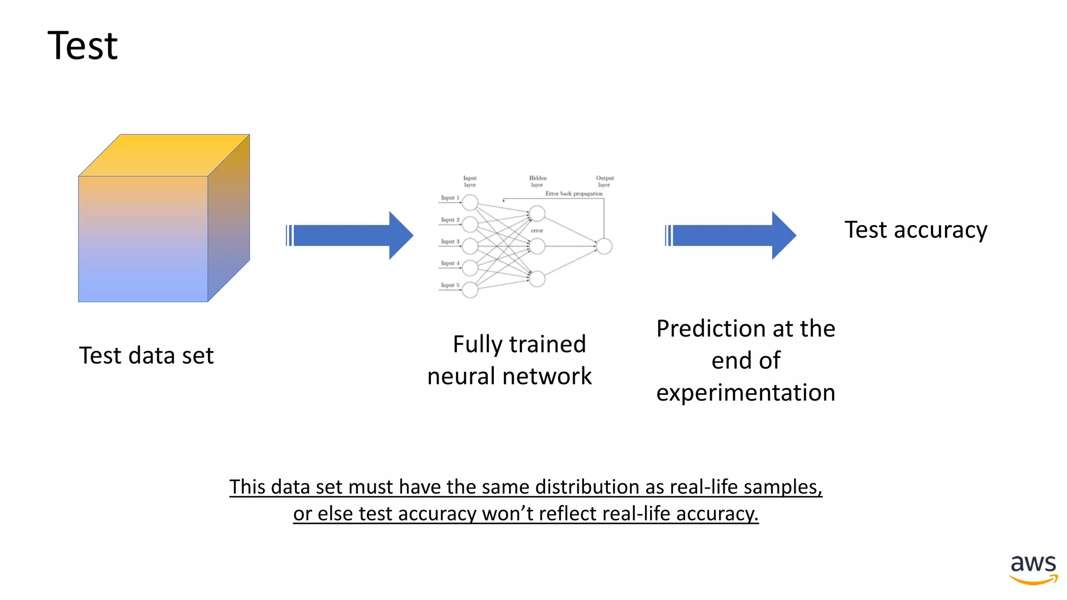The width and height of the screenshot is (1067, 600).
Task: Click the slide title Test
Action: tap(82, 46)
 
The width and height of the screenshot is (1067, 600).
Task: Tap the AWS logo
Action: tap(1033, 569)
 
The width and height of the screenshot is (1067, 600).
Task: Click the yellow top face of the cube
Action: tap(164, 155)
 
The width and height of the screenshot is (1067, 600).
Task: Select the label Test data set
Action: tap(146, 356)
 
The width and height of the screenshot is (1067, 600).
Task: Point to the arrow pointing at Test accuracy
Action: tap(731, 235)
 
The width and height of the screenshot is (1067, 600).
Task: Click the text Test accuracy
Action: tap(915, 230)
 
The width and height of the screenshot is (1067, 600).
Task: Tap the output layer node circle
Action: tap(604, 246)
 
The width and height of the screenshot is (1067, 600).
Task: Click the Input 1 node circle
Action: tap(470, 202)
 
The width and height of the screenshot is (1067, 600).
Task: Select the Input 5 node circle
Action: tap(470, 290)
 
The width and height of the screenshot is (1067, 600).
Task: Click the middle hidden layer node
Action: tap(537, 246)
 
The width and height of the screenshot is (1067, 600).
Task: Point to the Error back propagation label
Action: tap(574, 194)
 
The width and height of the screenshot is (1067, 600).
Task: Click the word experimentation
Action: tap(746, 393)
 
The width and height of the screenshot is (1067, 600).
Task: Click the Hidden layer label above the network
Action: tap(538, 181)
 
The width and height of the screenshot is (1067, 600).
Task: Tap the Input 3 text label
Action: tap(450, 242)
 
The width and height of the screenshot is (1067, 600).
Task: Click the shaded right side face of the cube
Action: tap(229, 219)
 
